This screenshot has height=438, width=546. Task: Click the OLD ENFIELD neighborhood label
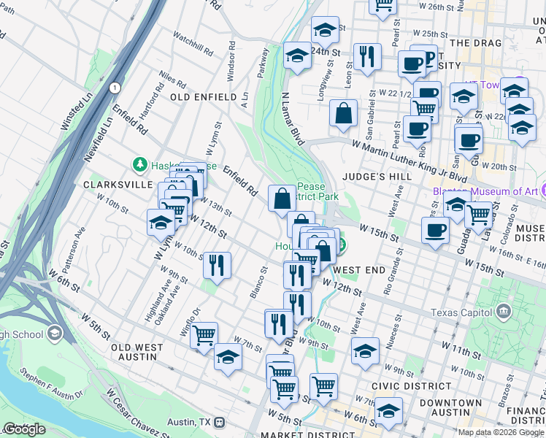[203, 96]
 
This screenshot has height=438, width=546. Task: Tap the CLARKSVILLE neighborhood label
[117, 185]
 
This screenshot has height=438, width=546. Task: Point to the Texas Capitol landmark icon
[503, 312]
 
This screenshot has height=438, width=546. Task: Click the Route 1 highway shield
[115, 88]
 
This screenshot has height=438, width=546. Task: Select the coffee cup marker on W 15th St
[436, 230]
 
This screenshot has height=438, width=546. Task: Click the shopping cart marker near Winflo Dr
[204, 335]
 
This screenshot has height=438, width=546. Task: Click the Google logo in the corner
[24, 429]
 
